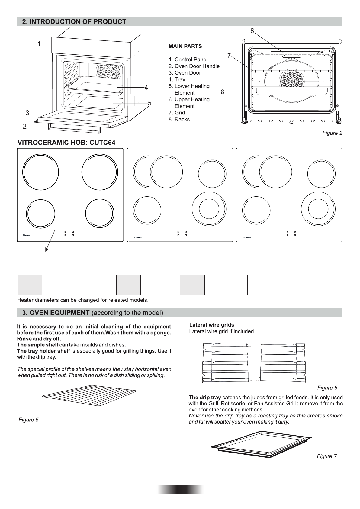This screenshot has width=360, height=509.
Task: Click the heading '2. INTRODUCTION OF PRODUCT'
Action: (x=74, y=22)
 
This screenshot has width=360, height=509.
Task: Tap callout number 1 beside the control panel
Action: (x=39, y=44)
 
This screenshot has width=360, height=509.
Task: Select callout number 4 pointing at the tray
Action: (x=146, y=88)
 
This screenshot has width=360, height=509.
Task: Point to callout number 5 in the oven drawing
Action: (x=149, y=103)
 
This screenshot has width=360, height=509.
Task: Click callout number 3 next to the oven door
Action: (x=27, y=113)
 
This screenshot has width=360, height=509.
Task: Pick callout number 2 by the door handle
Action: (x=25, y=126)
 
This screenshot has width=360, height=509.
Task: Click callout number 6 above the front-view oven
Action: (x=252, y=31)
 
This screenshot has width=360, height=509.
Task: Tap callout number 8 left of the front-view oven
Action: (x=223, y=92)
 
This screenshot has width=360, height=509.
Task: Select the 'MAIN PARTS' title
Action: (x=185, y=47)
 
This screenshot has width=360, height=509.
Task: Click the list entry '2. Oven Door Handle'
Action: (x=194, y=66)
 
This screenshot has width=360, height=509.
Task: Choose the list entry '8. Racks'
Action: (x=179, y=119)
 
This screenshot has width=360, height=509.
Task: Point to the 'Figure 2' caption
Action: (x=332, y=133)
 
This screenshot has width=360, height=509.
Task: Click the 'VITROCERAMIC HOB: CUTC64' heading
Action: (x=66, y=142)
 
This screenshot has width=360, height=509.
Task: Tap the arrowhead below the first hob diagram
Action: (x=47, y=249)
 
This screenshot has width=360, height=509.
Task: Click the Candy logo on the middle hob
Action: (x=138, y=237)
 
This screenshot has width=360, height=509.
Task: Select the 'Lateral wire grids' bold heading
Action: (x=211, y=325)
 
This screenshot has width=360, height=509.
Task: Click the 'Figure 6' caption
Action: (x=327, y=388)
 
